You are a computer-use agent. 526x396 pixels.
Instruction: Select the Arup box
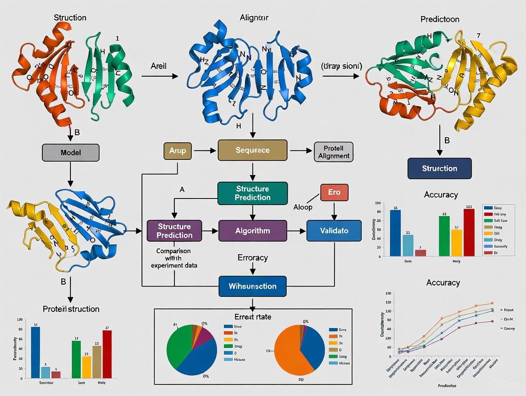[x=177, y=150]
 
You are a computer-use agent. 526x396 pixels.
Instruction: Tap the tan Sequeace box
[x=253, y=150]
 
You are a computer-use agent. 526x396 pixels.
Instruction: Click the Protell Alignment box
[x=333, y=151]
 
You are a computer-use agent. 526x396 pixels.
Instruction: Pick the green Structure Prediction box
[x=253, y=193]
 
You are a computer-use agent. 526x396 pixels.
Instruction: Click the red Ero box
[x=334, y=192]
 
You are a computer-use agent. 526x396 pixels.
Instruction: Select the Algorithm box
[x=253, y=231]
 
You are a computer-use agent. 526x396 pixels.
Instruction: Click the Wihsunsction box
[x=253, y=287]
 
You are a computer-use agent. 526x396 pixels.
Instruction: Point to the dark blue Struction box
[x=439, y=168]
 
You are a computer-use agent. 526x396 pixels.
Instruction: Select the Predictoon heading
[x=440, y=20]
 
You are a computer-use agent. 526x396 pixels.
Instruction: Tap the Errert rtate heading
[x=253, y=316]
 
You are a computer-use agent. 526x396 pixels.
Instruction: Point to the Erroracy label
[x=253, y=257]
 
